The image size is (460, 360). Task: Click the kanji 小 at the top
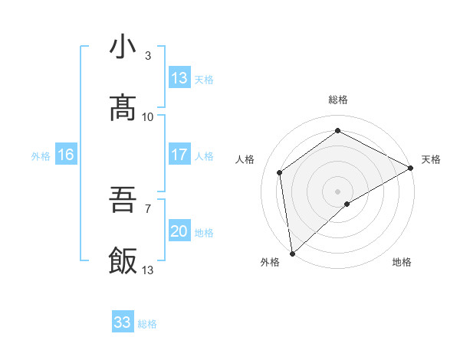coord(123,47)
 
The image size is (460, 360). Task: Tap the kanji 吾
coord(123,201)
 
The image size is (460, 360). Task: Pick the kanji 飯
coord(123,261)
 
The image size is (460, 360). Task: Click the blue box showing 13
coord(179,78)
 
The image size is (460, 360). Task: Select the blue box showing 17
coord(179,155)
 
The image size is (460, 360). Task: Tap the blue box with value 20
coord(179,232)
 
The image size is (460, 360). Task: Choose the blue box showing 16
coord(66,155)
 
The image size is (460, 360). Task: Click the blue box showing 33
coord(123,322)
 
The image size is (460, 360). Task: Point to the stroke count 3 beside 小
coord(148,56)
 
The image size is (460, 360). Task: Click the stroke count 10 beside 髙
coord(148,117)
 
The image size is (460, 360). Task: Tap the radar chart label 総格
coord(338,100)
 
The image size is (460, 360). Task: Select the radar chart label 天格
coord(432,159)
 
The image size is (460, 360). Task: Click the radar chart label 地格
coord(402,263)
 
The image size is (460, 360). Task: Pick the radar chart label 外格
coord(270,263)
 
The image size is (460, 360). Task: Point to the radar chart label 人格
coord(245,159)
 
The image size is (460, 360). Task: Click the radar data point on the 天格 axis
coord(411,168)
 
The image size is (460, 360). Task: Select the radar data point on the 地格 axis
coord(347,204)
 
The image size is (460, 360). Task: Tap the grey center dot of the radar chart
coord(338,191)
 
